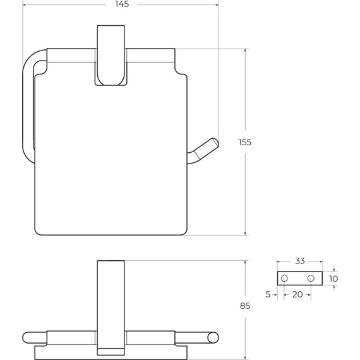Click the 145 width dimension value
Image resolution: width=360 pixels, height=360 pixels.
[123, 4]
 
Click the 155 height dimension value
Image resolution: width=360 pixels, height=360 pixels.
[245, 142]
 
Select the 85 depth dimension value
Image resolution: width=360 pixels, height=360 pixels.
[245, 306]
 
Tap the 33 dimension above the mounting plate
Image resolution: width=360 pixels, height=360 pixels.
[300, 261]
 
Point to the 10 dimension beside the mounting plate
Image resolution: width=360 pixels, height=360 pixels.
[333, 279]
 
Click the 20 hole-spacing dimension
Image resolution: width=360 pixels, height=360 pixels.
[297, 294]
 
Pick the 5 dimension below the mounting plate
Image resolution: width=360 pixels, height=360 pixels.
[268, 294]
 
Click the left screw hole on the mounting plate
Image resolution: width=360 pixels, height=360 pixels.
[284, 279]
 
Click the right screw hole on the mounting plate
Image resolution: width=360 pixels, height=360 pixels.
[311, 279]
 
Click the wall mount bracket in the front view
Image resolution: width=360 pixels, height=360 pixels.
[111, 56]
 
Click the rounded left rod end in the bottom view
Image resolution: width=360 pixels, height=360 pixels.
[28, 337]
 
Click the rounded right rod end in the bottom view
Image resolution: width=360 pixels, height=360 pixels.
[212, 337]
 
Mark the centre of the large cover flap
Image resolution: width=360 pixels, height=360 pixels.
[111, 158]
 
